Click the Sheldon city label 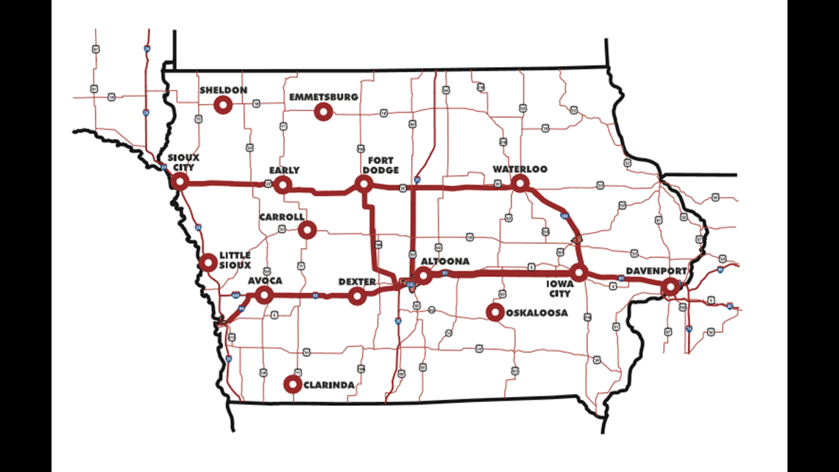tap(223, 91)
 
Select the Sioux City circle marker tap(180, 181)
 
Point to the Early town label tap(284, 170)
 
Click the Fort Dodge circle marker tap(364, 183)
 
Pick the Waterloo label tap(520, 169)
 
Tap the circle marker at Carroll tap(308, 230)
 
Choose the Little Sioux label tap(235, 260)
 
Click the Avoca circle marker tap(264, 295)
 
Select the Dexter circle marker tap(357, 296)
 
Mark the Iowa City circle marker tap(580, 273)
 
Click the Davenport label tap(656, 271)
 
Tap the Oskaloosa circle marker tap(496, 313)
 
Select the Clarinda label tap(328, 385)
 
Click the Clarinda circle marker tap(294, 384)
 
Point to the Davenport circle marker tap(670, 286)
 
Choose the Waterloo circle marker tap(520, 183)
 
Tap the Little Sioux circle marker tap(209, 262)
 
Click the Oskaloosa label tap(537, 313)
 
